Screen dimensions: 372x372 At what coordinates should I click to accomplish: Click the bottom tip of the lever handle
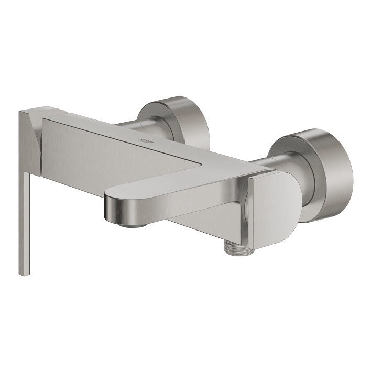point(23,272)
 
